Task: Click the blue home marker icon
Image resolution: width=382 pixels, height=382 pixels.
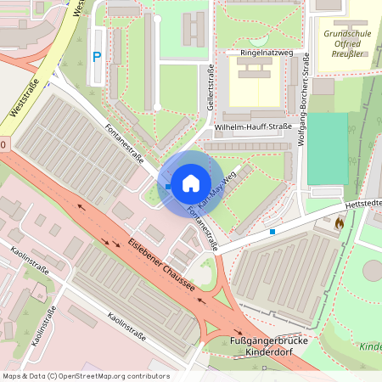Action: click(190, 182)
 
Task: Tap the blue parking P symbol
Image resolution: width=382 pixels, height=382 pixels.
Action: click(97, 57)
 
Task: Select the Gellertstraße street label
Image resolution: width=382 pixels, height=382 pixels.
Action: click(205, 91)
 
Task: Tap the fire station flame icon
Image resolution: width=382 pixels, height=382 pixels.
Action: click(340, 223)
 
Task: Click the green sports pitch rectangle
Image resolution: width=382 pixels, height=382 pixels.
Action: click(328, 149)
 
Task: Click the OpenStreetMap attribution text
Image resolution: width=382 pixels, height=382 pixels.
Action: click(86, 376)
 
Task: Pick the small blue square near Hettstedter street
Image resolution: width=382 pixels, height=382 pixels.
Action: click(272, 231)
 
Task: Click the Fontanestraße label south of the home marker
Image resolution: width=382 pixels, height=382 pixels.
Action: click(205, 230)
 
